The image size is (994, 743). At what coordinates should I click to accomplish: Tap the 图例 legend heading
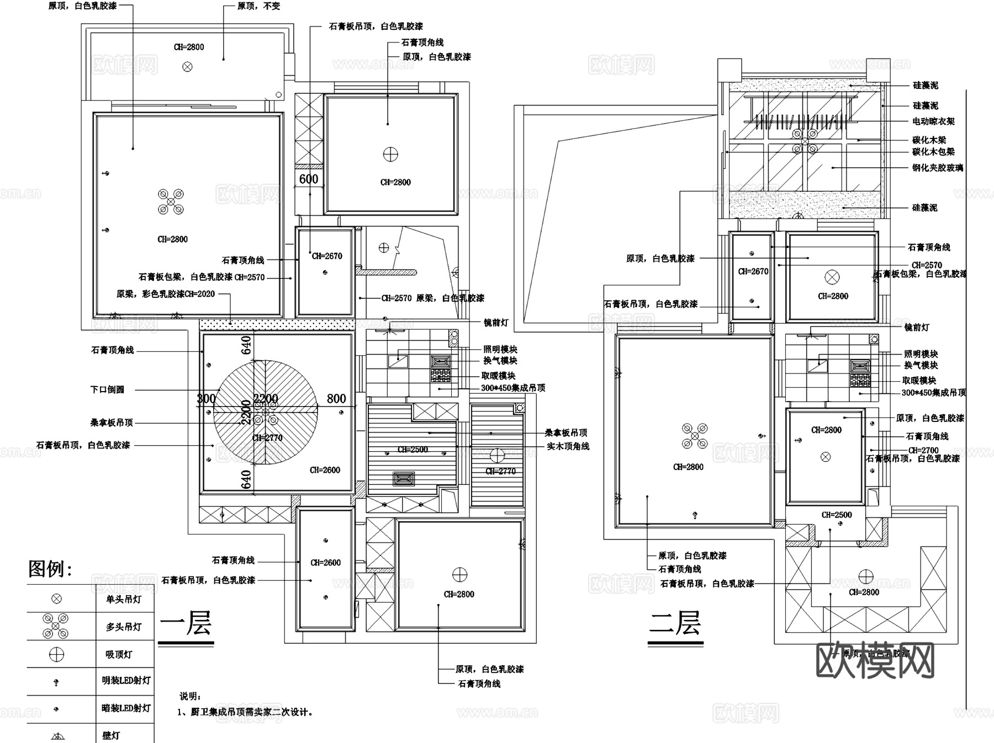point(50,568)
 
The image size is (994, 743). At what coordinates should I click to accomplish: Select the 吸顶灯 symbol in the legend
point(56,654)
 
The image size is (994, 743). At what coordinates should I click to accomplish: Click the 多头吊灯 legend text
point(124,627)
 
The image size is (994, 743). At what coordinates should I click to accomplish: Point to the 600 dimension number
point(309,179)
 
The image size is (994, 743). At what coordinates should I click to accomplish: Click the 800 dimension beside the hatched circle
point(336,399)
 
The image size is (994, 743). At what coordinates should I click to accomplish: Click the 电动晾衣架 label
point(933,121)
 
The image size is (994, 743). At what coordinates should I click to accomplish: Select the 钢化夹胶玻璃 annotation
point(937,168)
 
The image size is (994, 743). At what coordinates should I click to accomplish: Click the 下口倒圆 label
point(108,389)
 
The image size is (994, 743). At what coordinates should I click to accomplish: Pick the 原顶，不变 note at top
point(258,6)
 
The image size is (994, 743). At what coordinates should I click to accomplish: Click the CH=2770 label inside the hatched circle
point(267,438)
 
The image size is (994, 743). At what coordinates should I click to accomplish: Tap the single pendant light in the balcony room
point(188,67)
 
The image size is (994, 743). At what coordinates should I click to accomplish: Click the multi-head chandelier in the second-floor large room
point(695,436)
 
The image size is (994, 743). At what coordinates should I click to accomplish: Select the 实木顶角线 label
point(568,446)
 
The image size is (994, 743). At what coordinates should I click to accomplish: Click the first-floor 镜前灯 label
point(495,323)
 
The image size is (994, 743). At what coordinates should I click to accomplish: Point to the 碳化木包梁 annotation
point(933,152)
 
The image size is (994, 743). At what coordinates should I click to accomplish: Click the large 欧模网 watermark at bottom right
point(875,660)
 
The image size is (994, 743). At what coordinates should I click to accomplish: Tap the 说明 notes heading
point(191,697)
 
